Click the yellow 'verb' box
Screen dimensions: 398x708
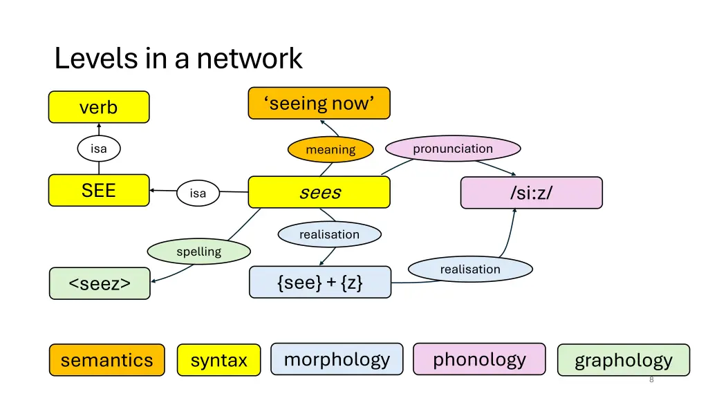(x=99, y=107)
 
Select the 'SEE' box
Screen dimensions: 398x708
(x=99, y=190)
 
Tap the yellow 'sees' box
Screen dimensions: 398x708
(x=319, y=192)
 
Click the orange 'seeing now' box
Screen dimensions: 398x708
(x=319, y=103)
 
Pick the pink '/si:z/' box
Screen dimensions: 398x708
(x=531, y=193)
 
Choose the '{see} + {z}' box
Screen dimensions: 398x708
(x=319, y=282)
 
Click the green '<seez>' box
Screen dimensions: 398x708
(x=100, y=283)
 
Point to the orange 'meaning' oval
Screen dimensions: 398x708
(x=330, y=149)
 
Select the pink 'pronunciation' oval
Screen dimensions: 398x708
(x=452, y=149)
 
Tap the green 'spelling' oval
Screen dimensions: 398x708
(x=198, y=252)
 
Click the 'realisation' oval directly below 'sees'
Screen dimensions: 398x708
(x=329, y=234)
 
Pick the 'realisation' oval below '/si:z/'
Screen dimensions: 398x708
(x=470, y=269)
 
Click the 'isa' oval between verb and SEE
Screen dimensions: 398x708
(x=98, y=148)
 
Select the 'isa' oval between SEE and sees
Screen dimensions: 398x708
(x=198, y=193)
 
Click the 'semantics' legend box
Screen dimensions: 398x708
(x=106, y=360)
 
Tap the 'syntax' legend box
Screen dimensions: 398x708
(x=218, y=360)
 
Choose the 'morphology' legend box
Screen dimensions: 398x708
(x=337, y=359)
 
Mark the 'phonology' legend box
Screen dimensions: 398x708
(x=479, y=359)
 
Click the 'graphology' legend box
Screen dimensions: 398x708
(x=623, y=360)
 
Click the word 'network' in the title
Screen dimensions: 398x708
(x=250, y=59)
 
